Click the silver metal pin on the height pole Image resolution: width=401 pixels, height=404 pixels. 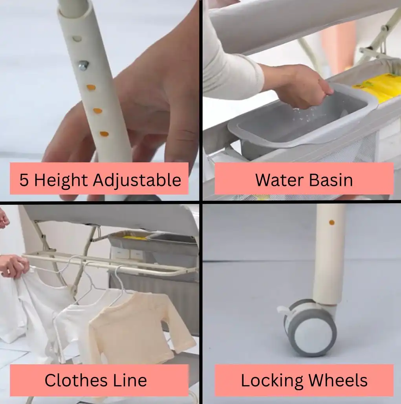tap(83, 65)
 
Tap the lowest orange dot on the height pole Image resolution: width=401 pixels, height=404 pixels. tap(104, 134)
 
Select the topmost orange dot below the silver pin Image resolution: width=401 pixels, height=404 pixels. tap(91, 87)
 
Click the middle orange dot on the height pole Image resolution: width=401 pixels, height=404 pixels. tap(98, 111)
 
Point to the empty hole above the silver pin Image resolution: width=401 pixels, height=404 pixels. tap(77, 39)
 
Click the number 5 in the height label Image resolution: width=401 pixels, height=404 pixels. tap(24, 180)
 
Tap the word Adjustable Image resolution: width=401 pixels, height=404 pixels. tap(137, 180)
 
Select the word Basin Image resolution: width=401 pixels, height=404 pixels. tap(331, 180)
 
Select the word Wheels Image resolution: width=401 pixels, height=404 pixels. tap(338, 380)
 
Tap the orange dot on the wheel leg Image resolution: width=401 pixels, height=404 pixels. tap(332, 222)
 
